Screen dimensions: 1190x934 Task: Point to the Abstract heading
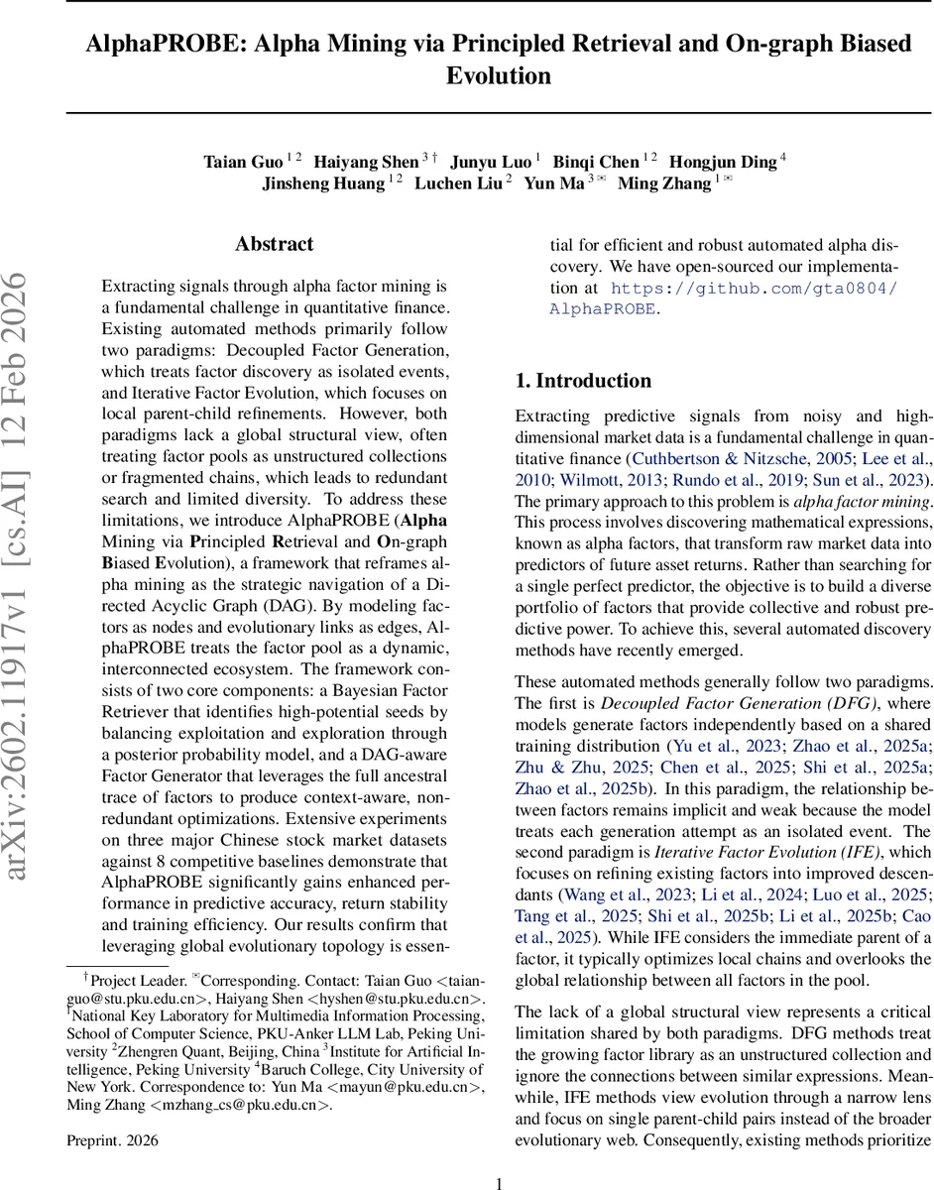[275, 244]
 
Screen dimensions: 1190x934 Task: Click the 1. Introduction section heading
[583, 381]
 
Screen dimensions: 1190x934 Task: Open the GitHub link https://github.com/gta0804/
[754, 289]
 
